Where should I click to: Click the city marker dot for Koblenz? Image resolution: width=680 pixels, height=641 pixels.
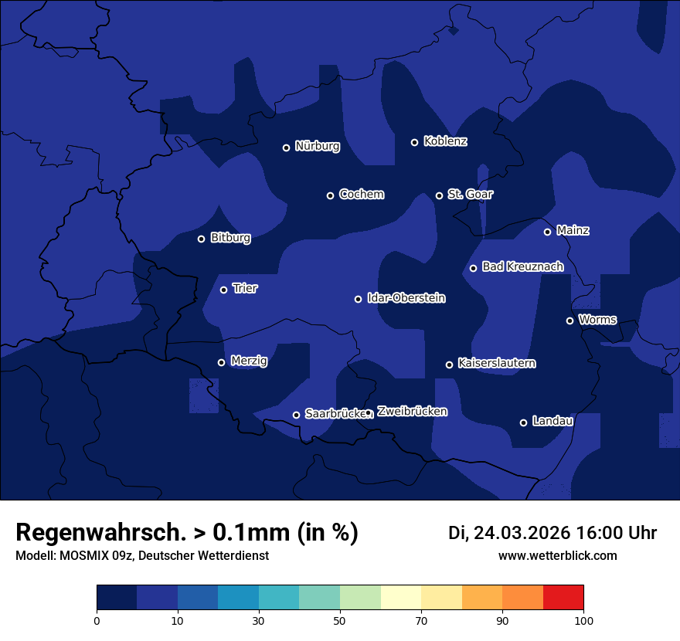pyautogui.click(x=414, y=142)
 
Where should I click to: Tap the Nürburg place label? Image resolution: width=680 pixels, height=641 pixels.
pyautogui.click(x=317, y=146)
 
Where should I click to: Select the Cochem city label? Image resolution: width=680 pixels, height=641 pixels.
pyautogui.click(x=361, y=195)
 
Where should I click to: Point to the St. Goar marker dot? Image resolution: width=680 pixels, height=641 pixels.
pyautogui.click(x=439, y=195)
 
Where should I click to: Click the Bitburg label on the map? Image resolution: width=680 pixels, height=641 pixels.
pyautogui.click(x=230, y=238)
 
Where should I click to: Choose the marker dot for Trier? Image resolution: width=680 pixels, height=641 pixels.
pyautogui.click(x=223, y=290)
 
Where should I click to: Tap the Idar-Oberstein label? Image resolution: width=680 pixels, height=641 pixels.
pyautogui.click(x=406, y=298)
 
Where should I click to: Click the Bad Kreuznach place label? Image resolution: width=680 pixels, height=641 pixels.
pyautogui.click(x=522, y=266)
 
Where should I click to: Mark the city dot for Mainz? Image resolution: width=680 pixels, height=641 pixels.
pyautogui.click(x=547, y=232)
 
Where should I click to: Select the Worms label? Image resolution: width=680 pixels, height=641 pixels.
pyautogui.click(x=597, y=320)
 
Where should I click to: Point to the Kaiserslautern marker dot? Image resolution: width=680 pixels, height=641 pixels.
pyautogui.click(x=449, y=365)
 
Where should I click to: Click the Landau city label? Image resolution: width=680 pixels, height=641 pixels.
pyautogui.click(x=552, y=421)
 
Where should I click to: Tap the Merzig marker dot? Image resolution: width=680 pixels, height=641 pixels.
pyautogui.click(x=221, y=362)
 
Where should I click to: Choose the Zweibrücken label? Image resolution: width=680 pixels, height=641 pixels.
pyautogui.click(x=412, y=412)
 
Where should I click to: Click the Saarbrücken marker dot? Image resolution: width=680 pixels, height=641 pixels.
pyautogui.click(x=296, y=415)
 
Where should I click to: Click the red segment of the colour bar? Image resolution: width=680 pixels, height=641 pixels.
pyautogui.click(x=563, y=598)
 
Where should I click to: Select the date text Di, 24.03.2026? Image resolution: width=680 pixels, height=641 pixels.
pyautogui.click(x=508, y=533)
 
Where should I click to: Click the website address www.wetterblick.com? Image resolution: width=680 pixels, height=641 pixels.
pyautogui.click(x=557, y=556)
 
